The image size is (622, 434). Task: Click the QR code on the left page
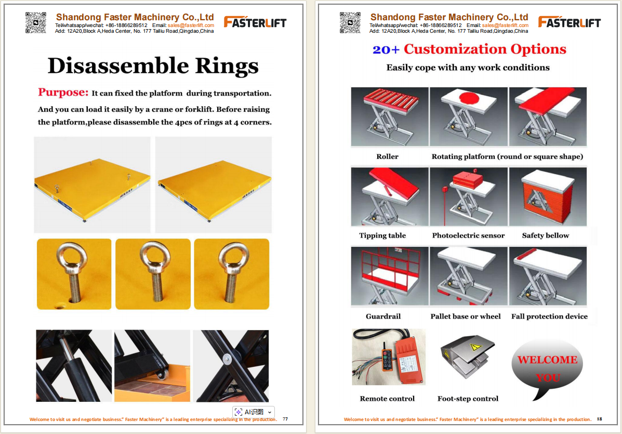(36, 23)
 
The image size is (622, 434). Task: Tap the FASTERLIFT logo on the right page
(569, 22)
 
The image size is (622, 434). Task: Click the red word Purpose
(63, 93)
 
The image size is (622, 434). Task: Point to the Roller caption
(387, 156)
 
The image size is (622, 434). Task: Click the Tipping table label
(382, 235)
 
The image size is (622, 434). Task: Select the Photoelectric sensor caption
(468, 235)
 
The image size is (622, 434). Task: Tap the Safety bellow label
(546, 235)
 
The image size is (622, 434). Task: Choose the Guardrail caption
(383, 316)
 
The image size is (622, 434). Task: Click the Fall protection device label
(549, 316)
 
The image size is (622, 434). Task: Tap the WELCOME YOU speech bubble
(547, 367)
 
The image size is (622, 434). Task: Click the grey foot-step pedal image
(468, 356)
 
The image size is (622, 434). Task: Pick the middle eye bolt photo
(153, 274)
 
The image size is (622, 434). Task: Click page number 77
(285, 419)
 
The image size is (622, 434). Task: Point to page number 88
(599, 419)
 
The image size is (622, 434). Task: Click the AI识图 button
(254, 412)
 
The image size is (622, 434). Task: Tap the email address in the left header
(191, 25)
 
